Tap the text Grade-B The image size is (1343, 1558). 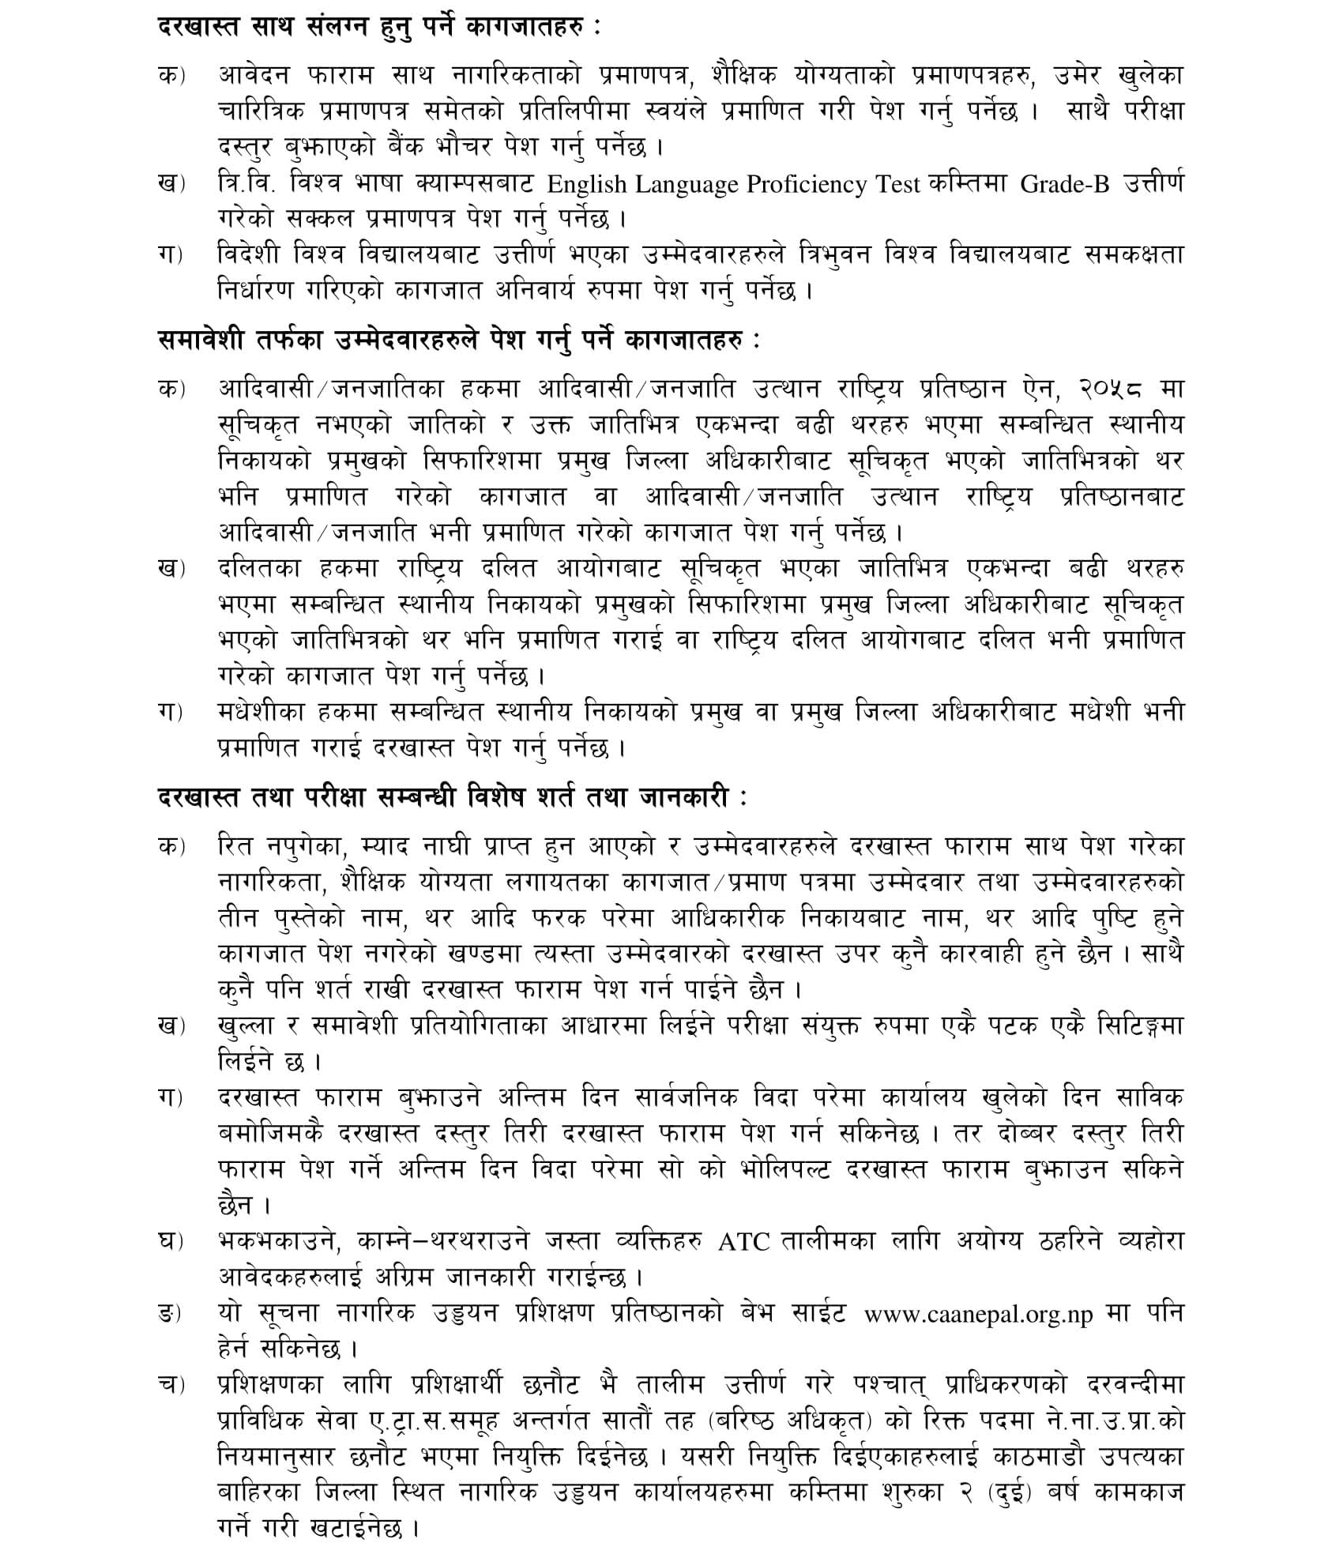pyautogui.click(x=1065, y=184)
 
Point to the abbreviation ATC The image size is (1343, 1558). pyautogui.click(x=743, y=1242)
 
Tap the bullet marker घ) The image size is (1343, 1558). pyautogui.click(x=170, y=1242)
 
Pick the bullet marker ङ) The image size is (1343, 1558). pyautogui.click(x=170, y=1315)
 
